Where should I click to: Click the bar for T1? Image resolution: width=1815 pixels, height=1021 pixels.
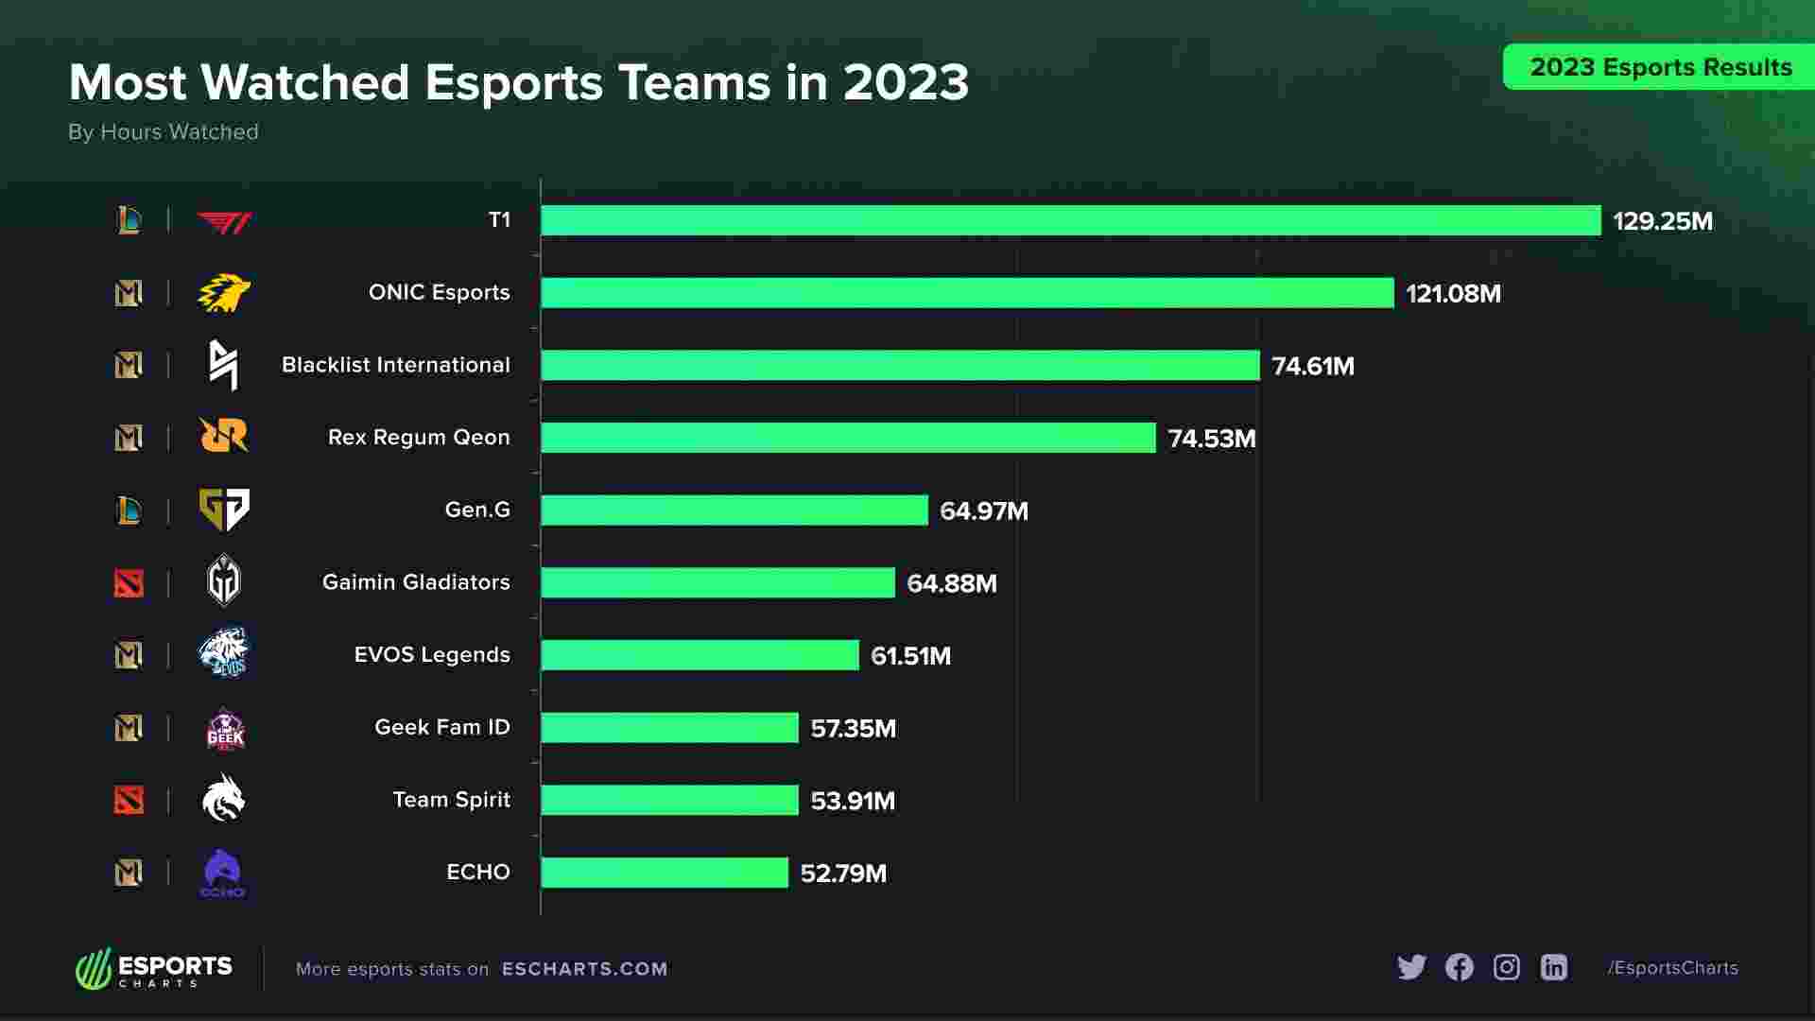pos(1070,220)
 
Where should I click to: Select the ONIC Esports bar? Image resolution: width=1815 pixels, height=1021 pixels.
pos(967,293)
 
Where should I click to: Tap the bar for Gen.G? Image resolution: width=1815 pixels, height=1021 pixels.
pos(735,510)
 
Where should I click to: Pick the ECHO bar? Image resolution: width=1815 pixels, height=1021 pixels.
pos(665,873)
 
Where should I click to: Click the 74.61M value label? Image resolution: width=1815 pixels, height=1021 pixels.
pos(1313,366)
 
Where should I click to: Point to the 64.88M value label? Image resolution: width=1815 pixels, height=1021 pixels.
pos(951,583)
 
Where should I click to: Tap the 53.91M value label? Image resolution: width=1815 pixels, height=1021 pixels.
pos(853,801)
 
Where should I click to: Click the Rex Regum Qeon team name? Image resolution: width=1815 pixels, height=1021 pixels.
pos(419,437)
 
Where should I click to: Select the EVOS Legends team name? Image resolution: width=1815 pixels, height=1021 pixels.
pos(432,654)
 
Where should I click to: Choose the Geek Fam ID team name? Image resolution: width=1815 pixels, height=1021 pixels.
pos(442,727)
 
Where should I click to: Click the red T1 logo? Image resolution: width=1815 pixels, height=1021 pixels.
pos(224,221)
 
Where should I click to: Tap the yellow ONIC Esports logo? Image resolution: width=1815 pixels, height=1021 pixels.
pos(224,293)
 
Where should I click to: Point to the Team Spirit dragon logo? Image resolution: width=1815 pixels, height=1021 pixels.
pos(224,799)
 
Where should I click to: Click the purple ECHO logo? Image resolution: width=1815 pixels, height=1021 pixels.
pos(223,873)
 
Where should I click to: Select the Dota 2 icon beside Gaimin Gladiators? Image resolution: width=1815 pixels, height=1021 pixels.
pos(129,583)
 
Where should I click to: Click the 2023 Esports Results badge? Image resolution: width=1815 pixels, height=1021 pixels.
pos(1660,67)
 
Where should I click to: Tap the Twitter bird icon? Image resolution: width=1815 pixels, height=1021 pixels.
pos(1411,967)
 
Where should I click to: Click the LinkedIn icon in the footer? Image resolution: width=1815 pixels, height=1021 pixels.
pos(1554,967)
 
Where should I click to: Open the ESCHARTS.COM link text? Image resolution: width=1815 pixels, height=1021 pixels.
pos(584,969)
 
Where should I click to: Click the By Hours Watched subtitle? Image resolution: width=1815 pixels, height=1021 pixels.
pos(164,131)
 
